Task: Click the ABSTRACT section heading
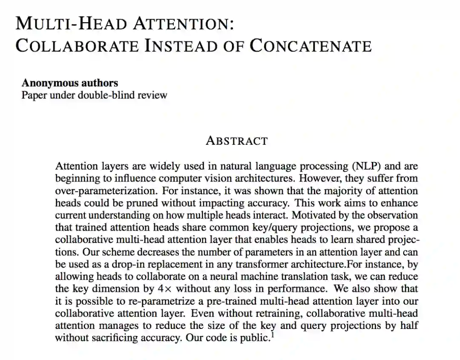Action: coord(237,141)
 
